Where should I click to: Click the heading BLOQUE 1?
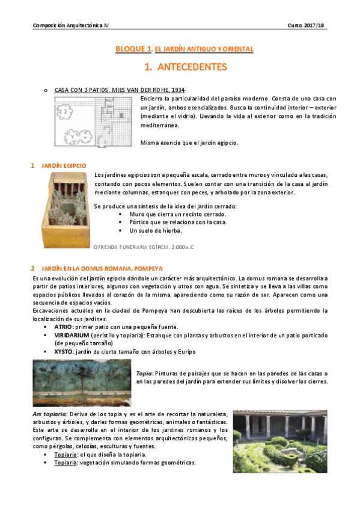[134, 49]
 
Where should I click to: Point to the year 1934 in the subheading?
[178, 90]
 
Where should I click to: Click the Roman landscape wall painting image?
[82, 382]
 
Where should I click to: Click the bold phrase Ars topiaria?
[49, 414]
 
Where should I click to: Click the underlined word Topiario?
[66, 454]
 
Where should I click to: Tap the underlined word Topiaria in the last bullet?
[66, 462]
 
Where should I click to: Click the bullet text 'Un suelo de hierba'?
[155, 230]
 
